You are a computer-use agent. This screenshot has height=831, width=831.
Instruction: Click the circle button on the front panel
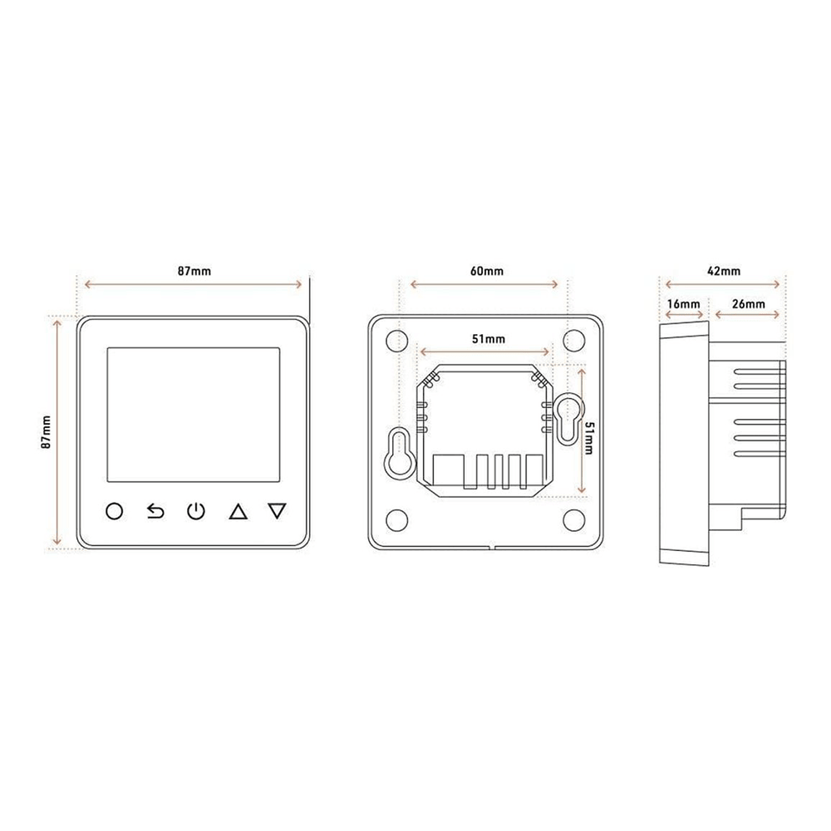[x=115, y=511]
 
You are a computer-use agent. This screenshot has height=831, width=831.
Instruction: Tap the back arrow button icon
[x=155, y=511]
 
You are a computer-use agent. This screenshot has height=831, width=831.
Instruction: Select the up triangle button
[x=238, y=511]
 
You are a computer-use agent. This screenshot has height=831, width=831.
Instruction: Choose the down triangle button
[x=278, y=511]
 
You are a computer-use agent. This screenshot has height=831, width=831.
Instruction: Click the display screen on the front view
[x=194, y=415]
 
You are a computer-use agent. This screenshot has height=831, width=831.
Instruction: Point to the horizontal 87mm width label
[x=194, y=272]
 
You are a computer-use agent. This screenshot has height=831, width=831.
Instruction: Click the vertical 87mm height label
[x=47, y=432]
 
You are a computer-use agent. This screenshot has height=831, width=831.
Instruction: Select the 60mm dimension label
[x=486, y=272]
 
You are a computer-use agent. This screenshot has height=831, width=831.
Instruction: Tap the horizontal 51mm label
[x=489, y=339]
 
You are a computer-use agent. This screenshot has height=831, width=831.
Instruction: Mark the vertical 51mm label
[x=589, y=438]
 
